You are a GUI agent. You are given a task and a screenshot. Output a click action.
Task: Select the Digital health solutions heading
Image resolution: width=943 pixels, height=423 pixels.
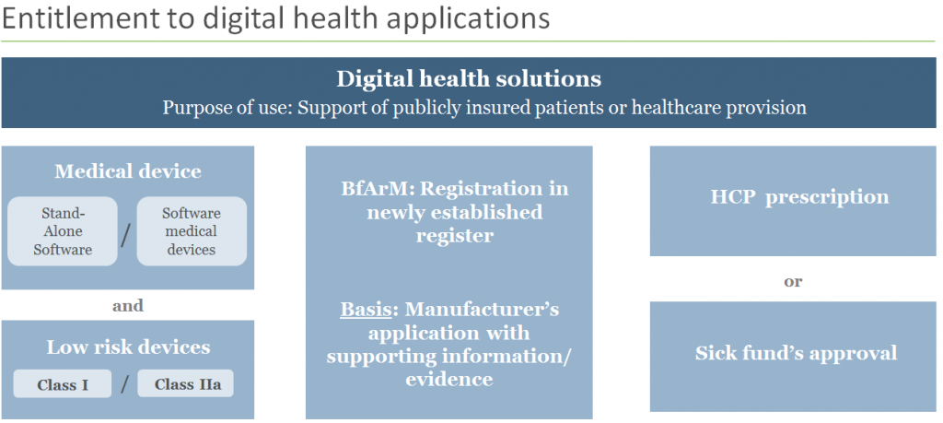469,78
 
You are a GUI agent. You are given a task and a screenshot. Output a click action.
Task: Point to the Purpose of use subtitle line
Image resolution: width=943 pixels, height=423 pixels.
484,108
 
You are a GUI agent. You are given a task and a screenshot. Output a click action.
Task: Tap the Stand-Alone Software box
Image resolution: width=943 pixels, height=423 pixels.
63,230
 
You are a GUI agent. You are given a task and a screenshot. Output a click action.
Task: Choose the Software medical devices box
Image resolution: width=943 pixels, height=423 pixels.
192,230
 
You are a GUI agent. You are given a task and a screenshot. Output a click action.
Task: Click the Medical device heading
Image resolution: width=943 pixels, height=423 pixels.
127,171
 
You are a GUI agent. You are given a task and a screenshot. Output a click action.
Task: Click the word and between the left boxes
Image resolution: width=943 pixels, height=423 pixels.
127,305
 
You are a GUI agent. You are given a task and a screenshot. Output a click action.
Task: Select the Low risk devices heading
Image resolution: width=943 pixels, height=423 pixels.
128,347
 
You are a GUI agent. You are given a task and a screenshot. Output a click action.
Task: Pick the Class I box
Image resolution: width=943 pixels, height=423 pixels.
63,384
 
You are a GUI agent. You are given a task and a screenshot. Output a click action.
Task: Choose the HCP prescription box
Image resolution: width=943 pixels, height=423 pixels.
793,197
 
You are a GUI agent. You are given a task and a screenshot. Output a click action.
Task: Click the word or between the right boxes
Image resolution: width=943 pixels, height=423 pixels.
793,281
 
